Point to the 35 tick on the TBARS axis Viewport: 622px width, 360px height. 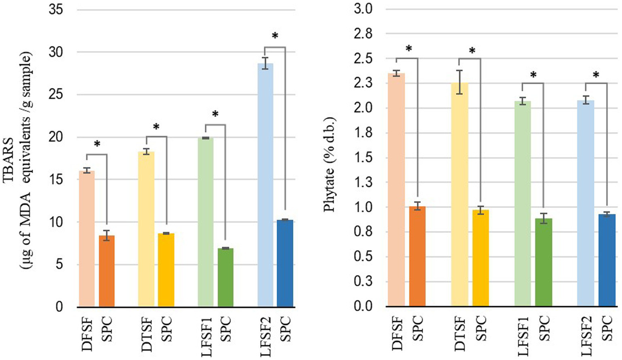[56, 10]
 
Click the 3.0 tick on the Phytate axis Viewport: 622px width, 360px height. [363, 9]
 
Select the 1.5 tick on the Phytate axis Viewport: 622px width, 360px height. [363, 158]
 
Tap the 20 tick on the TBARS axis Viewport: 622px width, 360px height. [56, 137]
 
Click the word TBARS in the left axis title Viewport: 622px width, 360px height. [9, 160]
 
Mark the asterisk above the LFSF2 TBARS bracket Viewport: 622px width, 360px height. [275, 36]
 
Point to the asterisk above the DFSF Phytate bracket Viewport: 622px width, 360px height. [408, 49]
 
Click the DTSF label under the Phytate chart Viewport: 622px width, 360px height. [460, 334]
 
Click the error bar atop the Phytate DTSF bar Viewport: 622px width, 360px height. [459, 82]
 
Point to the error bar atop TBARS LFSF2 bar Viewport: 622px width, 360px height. [265, 63]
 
